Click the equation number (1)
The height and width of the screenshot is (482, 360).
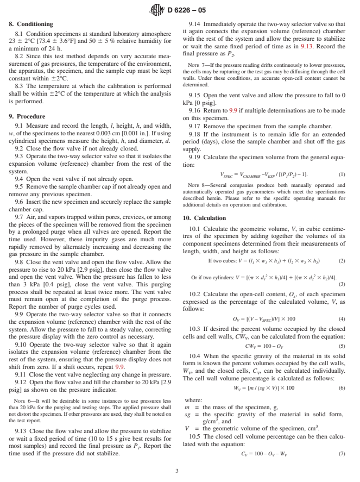(342, 175)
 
